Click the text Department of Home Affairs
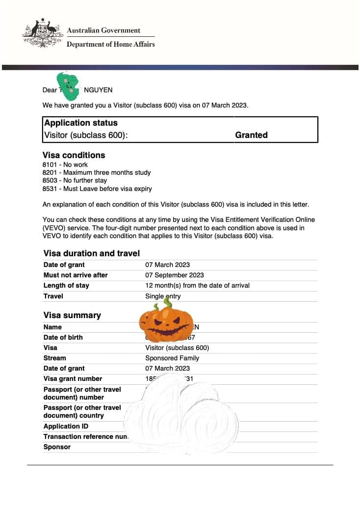point(110,44)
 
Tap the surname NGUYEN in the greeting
point(98,90)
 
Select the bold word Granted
point(251,135)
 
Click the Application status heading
point(81,123)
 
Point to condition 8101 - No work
point(65,164)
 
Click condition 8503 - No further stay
point(75,180)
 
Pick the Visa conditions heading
point(74,155)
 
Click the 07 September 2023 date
point(174,275)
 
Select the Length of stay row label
point(66,285)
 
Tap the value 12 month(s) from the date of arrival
point(197,285)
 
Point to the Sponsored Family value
point(172,358)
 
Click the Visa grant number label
point(73,378)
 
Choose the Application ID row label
point(66,426)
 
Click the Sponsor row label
point(57,447)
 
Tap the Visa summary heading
point(72,315)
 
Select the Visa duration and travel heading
point(92,253)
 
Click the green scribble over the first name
point(68,84)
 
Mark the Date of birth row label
point(63,337)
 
